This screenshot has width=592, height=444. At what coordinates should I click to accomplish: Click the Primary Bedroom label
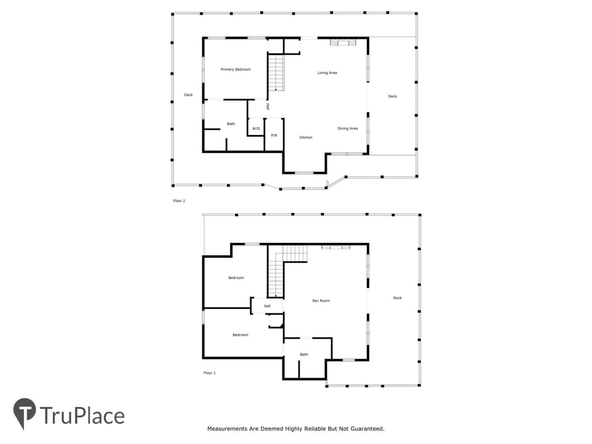(x=236, y=70)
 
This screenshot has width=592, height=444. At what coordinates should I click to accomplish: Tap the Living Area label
(x=327, y=73)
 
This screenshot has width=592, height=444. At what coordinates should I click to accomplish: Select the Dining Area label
(x=347, y=129)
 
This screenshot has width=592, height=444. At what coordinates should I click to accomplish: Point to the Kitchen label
(x=306, y=138)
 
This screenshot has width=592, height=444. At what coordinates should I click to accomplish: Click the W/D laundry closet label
(x=256, y=129)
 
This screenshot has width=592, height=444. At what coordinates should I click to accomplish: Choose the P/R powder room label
(x=274, y=135)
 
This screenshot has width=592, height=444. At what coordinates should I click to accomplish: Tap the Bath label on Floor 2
(x=231, y=124)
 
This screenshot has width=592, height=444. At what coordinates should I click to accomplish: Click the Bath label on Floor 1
(x=304, y=355)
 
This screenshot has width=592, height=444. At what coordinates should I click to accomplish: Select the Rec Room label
(x=321, y=301)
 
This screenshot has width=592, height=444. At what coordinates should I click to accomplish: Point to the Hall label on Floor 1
(x=267, y=306)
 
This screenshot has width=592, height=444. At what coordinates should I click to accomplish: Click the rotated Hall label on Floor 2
(x=268, y=107)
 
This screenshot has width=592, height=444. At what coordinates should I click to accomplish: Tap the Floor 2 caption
(x=179, y=201)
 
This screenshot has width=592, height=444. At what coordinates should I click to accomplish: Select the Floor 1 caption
(x=210, y=373)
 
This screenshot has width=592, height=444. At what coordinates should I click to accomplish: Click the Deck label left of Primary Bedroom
(x=189, y=95)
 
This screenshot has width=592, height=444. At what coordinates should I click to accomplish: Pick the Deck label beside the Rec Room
(x=398, y=298)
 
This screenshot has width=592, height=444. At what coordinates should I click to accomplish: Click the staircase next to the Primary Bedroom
(x=276, y=73)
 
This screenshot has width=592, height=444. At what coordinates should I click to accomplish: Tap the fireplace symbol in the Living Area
(x=343, y=43)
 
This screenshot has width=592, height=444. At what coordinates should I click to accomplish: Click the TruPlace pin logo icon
(x=25, y=413)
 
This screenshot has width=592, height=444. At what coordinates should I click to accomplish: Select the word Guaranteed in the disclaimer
(x=367, y=429)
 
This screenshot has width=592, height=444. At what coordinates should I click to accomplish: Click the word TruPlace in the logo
(x=82, y=416)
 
